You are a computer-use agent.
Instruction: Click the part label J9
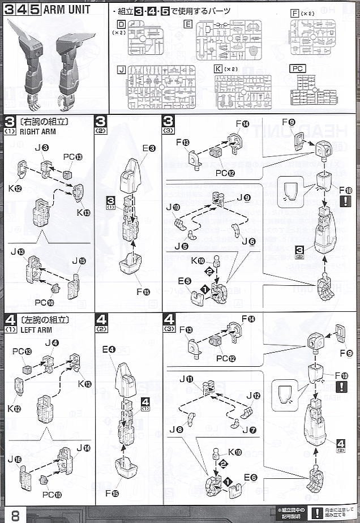pos(243,198)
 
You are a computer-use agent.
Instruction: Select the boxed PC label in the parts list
pos(298,68)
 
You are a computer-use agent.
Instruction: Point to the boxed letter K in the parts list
pos(218,69)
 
